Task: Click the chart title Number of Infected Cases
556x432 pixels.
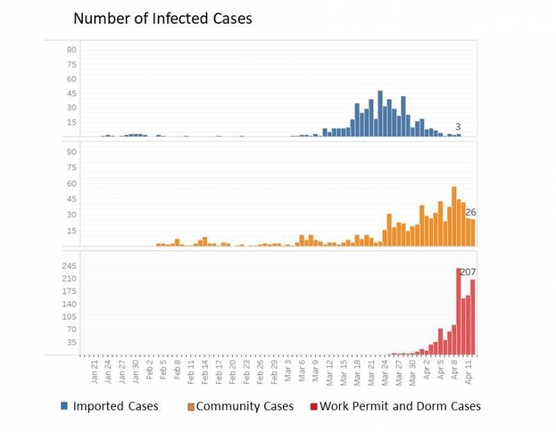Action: pos(163,19)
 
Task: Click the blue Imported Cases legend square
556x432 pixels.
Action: pos(64,406)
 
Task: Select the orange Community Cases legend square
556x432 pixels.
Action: pos(191,406)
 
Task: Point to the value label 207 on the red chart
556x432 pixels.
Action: pos(468,272)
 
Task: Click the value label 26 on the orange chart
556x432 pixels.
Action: pos(471,213)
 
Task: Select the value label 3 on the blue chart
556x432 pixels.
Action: pos(458,127)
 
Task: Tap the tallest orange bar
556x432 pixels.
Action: pos(454,216)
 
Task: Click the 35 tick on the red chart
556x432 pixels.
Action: pos(70,342)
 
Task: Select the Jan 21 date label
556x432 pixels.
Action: pos(95,373)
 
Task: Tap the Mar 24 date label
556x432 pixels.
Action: pos(384,373)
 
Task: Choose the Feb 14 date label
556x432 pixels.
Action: pos(204,373)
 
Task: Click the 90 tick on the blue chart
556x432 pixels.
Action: pos(72,49)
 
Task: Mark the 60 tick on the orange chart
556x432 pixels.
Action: pos(72,184)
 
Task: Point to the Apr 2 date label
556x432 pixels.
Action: pos(426,374)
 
